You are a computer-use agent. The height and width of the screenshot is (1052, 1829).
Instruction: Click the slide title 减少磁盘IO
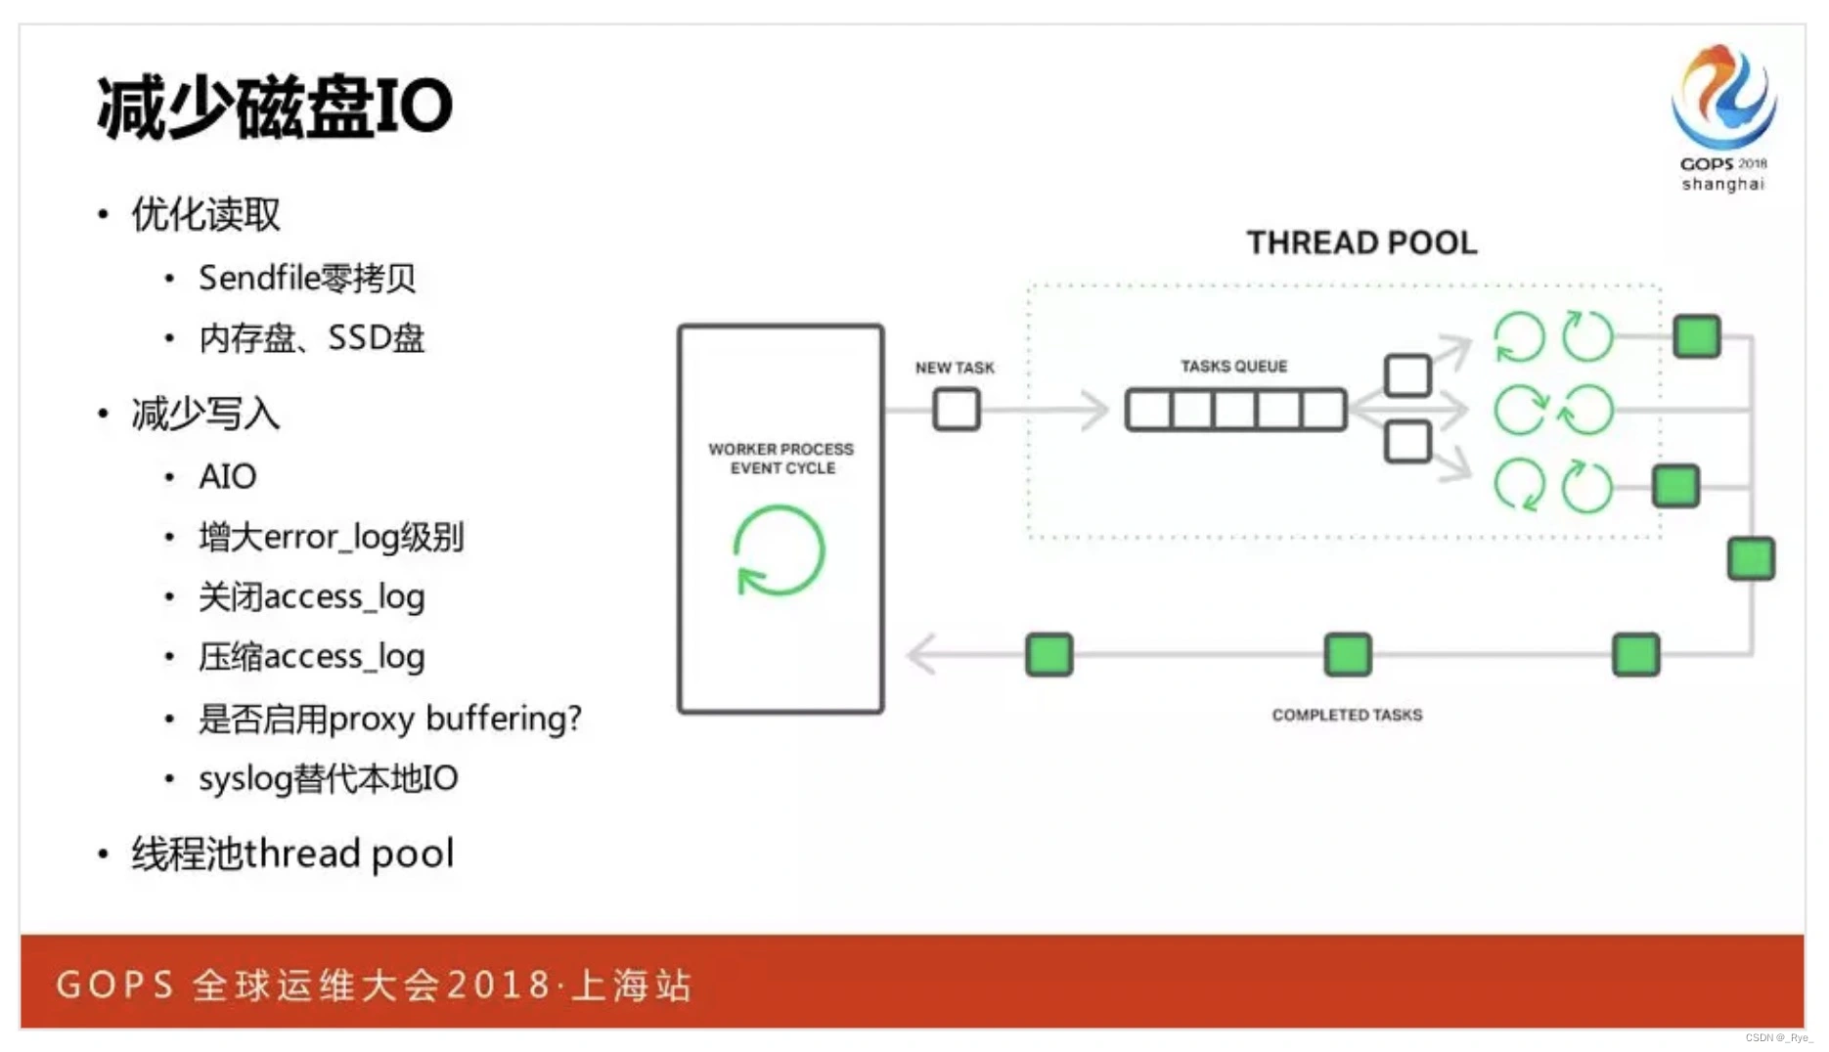[275, 107]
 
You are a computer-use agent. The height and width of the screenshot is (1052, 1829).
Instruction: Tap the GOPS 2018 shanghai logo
[1722, 116]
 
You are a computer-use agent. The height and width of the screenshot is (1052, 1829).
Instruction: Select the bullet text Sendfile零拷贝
[307, 279]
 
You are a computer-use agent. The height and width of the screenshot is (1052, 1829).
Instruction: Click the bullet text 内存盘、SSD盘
[311, 338]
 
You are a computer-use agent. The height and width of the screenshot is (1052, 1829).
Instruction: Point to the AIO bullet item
[227, 477]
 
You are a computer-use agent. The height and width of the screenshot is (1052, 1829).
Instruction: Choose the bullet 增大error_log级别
[331, 537]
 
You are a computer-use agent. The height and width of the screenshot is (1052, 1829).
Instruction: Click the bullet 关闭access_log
[311, 597]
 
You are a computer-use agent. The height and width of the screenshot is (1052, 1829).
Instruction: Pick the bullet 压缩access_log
[311, 657]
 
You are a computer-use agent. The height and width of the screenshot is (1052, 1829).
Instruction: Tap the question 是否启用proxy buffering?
[389, 719]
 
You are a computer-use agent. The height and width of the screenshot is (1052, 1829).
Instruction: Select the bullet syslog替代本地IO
[328, 779]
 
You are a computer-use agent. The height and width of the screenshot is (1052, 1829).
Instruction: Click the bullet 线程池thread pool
[292, 854]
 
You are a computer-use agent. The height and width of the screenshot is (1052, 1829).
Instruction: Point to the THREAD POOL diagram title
[1361, 242]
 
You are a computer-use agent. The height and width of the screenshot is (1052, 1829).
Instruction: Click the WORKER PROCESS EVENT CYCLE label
[781, 459]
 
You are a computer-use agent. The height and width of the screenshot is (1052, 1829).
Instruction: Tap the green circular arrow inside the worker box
[780, 550]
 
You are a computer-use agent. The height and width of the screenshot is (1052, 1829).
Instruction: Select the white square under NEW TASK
[956, 409]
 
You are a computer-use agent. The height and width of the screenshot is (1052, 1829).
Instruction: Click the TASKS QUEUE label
[1233, 367]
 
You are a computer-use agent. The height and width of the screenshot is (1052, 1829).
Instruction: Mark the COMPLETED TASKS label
[1347, 715]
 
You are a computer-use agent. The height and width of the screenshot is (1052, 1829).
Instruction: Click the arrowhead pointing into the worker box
[921, 654]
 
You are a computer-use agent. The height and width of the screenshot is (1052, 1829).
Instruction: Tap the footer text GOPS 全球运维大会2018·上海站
[374, 985]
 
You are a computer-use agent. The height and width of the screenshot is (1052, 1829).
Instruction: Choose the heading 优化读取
[205, 214]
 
